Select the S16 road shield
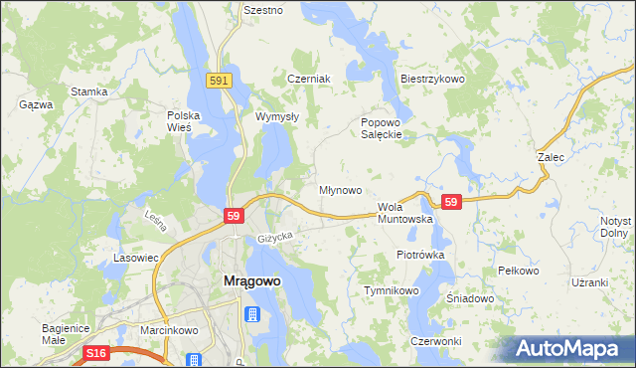[x=95, y=353]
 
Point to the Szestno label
[x=263, y=10]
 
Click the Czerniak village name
[x=306, y=79]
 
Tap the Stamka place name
[x=88, y=92]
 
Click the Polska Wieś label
[x=184, y=121]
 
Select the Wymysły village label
[x=277, y=116]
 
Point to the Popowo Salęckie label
[x=381, y=128]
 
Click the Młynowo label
[x=339, y=189]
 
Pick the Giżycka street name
[x=275, y=237]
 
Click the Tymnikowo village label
[x=392, y=290]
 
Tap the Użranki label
[x=589, y=282]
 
